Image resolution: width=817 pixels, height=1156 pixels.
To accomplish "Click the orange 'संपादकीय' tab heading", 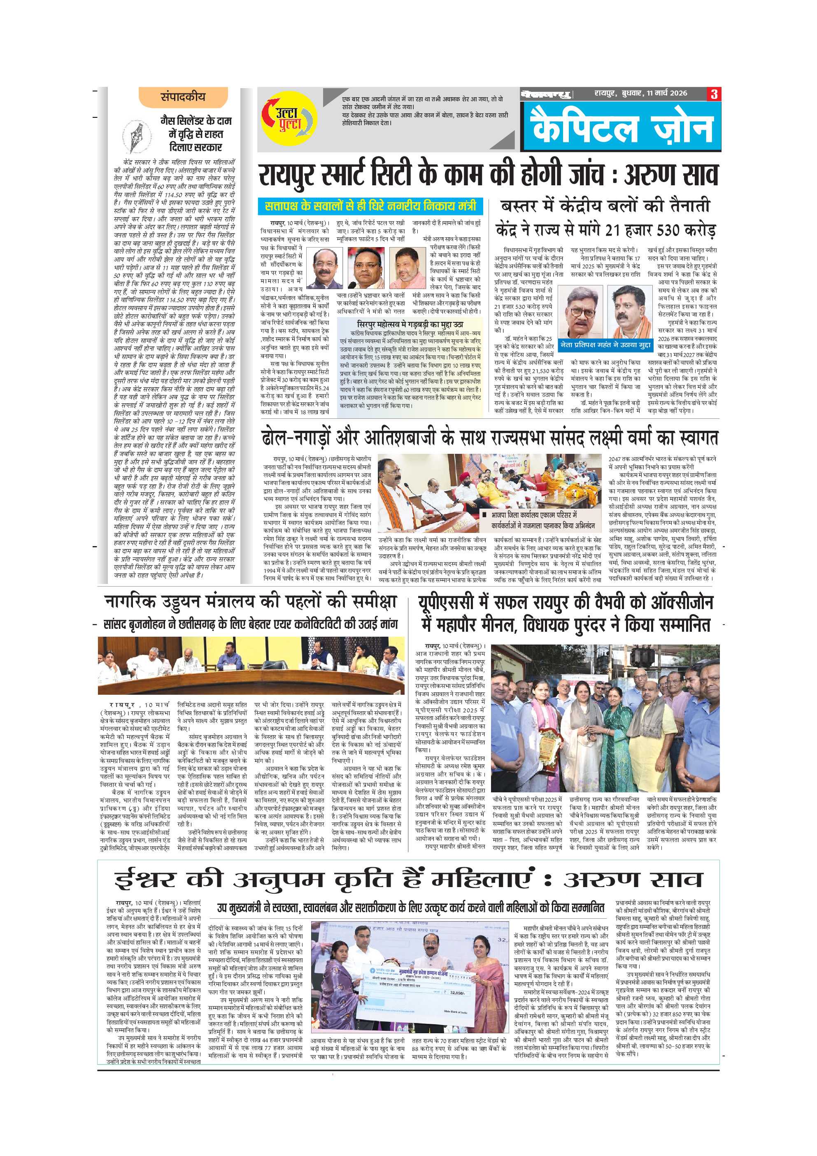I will pyautogui.click(x=183, y=97).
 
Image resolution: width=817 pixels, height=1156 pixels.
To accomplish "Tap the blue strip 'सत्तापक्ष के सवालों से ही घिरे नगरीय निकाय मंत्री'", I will pyautogui.click(x=370, y=206).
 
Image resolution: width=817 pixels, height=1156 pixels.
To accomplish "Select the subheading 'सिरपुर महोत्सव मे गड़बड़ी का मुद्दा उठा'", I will pyautogui.click(x=410, y=324).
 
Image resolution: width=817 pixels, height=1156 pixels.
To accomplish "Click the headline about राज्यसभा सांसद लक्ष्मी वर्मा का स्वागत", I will pyautogui.click(x=489, y=437).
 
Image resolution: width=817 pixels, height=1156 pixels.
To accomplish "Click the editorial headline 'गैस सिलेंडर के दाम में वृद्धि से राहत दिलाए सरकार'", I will pyautogui.click(x=196, y=134).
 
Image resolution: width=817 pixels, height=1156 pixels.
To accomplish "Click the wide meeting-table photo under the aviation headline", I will pyautogui.click(x=251, y=665).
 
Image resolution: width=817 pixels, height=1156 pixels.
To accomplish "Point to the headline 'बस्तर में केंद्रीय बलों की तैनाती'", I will pyautogui.click(x=605, y=206).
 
